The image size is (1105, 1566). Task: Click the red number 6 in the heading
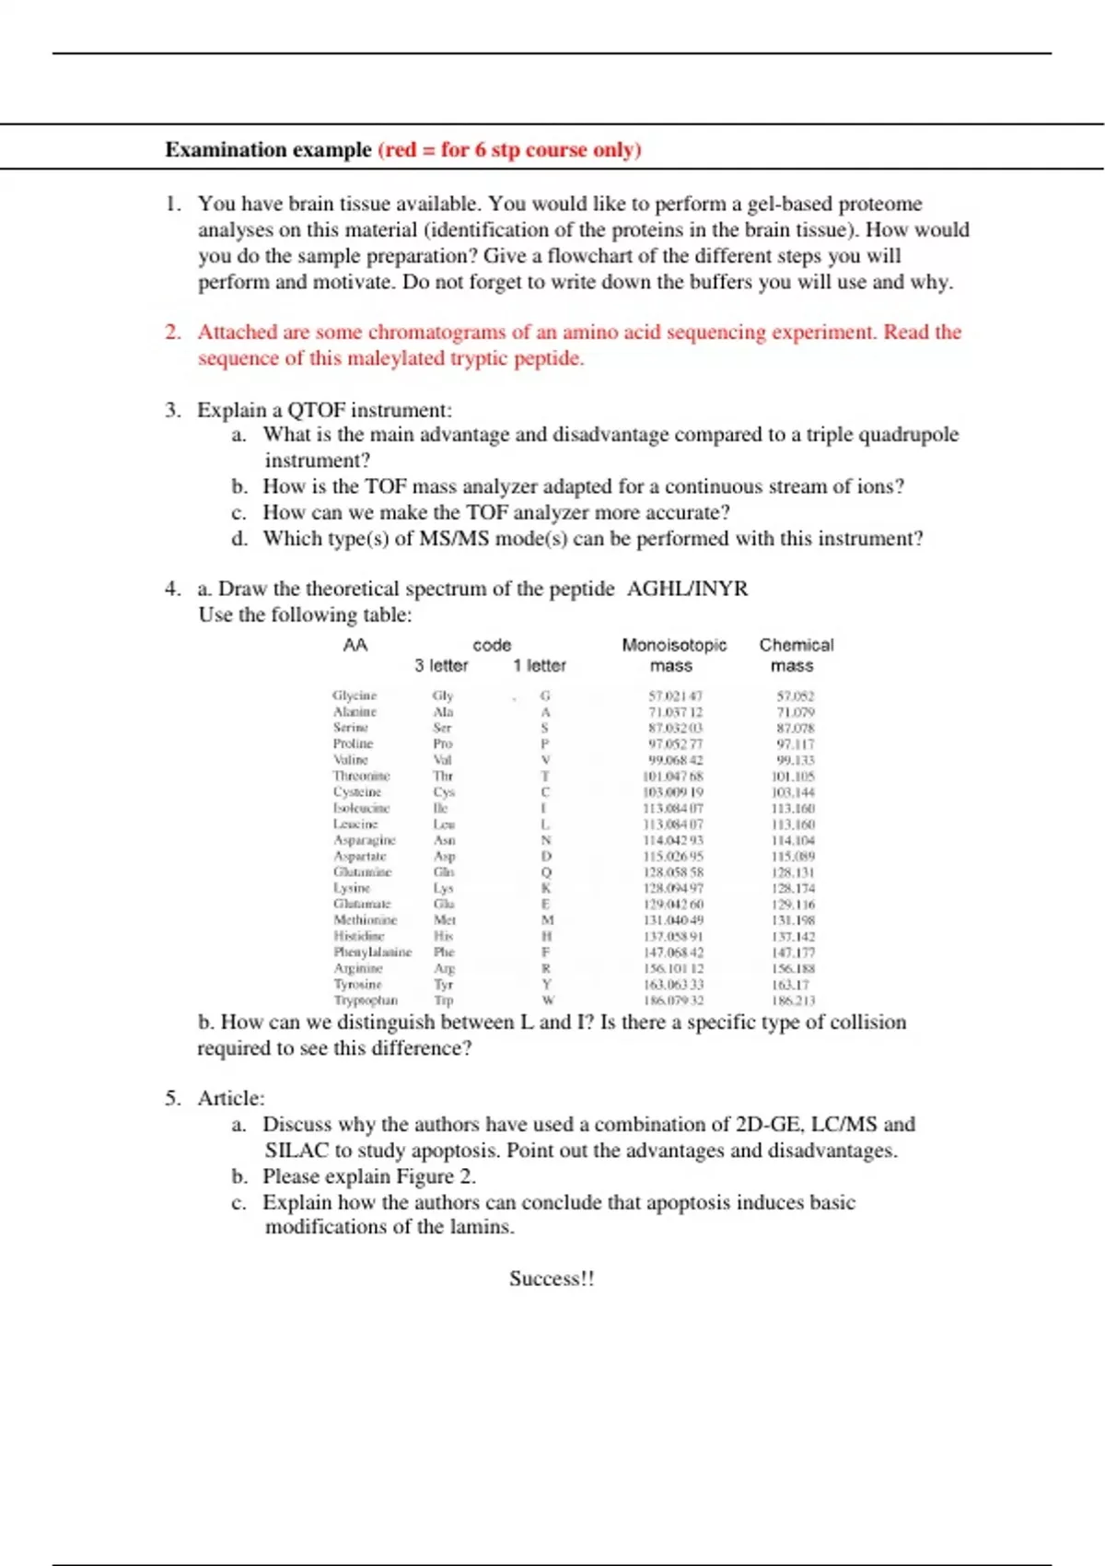pyautogui.click(x=480, y=150)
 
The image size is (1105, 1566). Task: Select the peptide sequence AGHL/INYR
pyautogui.click(x=687, y=589)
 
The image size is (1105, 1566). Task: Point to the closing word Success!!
pyautogui.click(x=552, y=1279)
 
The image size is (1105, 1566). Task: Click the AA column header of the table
pyautogui.click(x=355, y=645)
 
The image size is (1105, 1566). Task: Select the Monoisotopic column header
pyautogui.click(x=673, y=645)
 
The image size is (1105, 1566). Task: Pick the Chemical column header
pyautogui.click(x=796, y=645)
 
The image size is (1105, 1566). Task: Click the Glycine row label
pyautogui.click(x=355, y=695)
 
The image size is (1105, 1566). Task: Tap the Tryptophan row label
pyautogui.click(x=366, y=1000)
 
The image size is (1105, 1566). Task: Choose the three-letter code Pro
pyautogui.click(x=443, y=743)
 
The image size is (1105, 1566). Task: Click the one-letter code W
pyautogui.click(x=547, y=1000)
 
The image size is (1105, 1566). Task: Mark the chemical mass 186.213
pyautogui.click(x=795, y=1000)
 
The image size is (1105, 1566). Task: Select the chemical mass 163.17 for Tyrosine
pyautogui.click(x=792, y=985)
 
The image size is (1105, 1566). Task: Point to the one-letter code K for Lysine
pyautogui.click(x=546, y=888)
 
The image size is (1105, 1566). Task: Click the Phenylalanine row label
pyautogui.click(x=372, y=952)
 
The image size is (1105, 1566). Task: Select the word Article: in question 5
pyautogui.click(x=230, y=1098)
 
